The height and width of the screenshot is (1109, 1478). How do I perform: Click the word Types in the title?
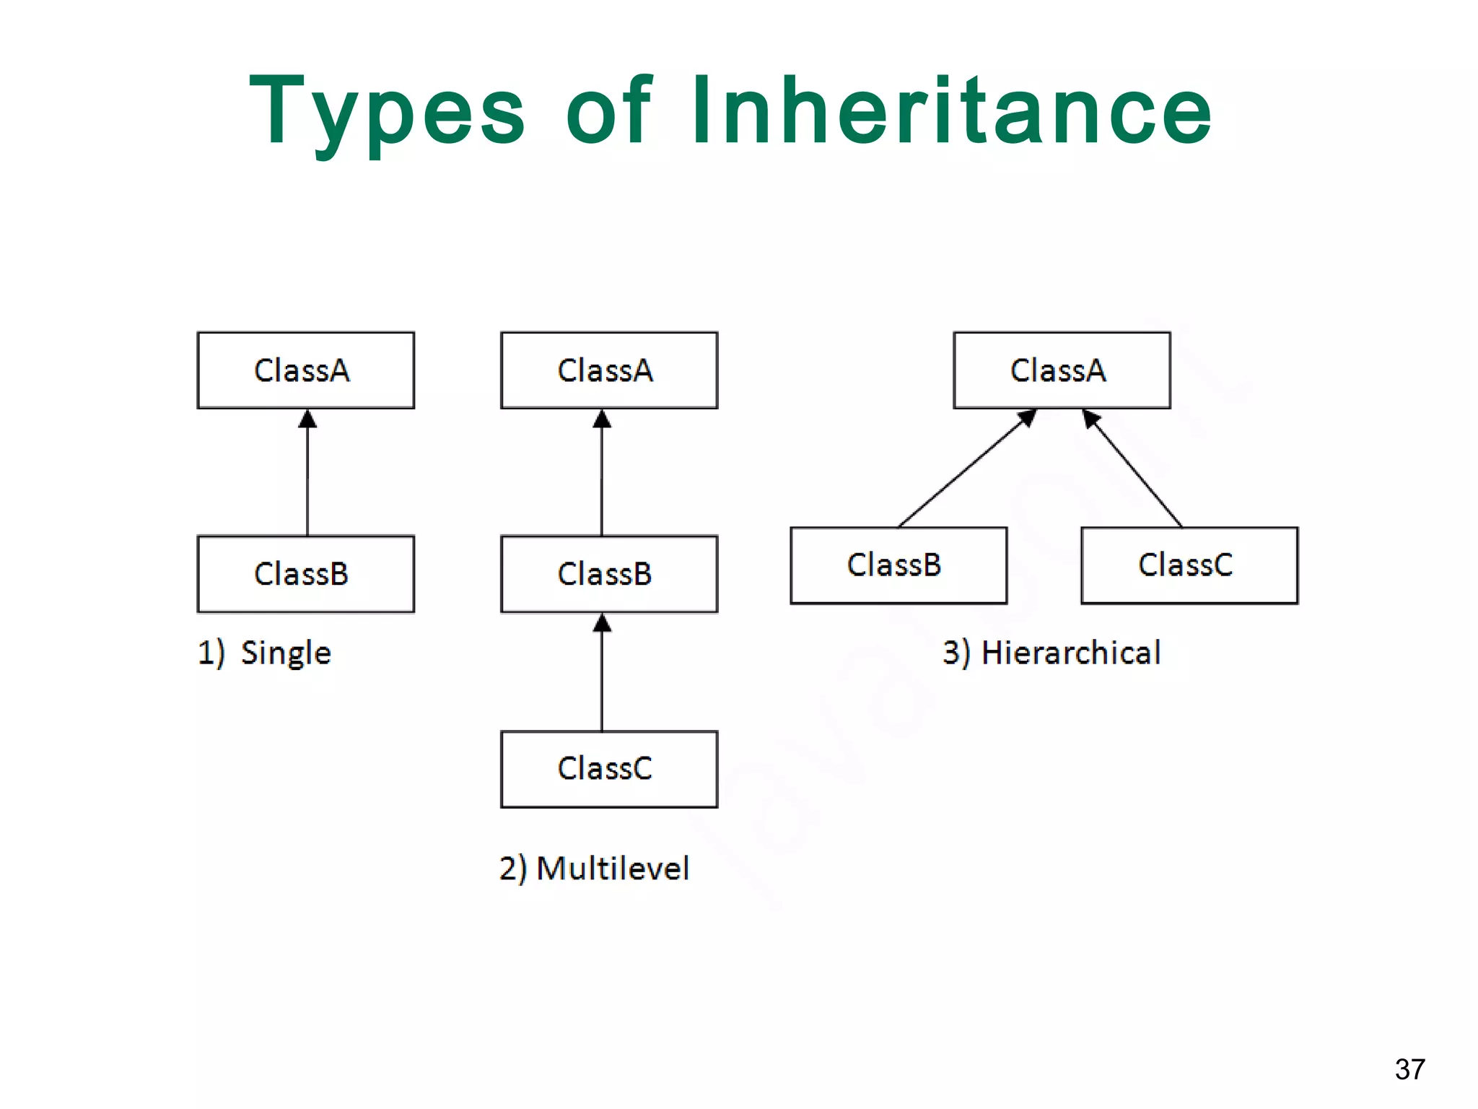(387, 113)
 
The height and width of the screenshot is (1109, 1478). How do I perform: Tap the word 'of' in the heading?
(608, 111)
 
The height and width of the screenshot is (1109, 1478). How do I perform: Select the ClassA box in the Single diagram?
(305, 370)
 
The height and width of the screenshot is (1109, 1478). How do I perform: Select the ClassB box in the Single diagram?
(305, 574)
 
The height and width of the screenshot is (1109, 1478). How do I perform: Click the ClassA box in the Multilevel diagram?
(608, 370)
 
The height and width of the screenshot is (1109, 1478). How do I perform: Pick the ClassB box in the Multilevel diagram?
(608, 574)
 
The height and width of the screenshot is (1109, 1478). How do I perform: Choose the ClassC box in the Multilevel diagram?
(608, 769)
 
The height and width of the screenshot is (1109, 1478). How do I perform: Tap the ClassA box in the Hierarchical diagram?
(1061, 370)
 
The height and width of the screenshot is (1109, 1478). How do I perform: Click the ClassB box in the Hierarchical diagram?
(898, 565)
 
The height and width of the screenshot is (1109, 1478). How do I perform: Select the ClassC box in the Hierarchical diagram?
(1189, 565)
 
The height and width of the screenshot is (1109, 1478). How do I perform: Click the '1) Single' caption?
(264, 653)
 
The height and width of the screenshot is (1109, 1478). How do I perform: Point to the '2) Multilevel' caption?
(594, 868)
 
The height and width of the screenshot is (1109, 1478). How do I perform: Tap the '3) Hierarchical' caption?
(1051, 653)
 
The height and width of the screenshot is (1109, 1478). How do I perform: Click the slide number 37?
(1409, 1069)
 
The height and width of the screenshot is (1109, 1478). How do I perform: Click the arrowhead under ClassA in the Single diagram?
(307, 419)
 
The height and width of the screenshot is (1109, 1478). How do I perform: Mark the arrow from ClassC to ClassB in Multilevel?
(602, 675)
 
